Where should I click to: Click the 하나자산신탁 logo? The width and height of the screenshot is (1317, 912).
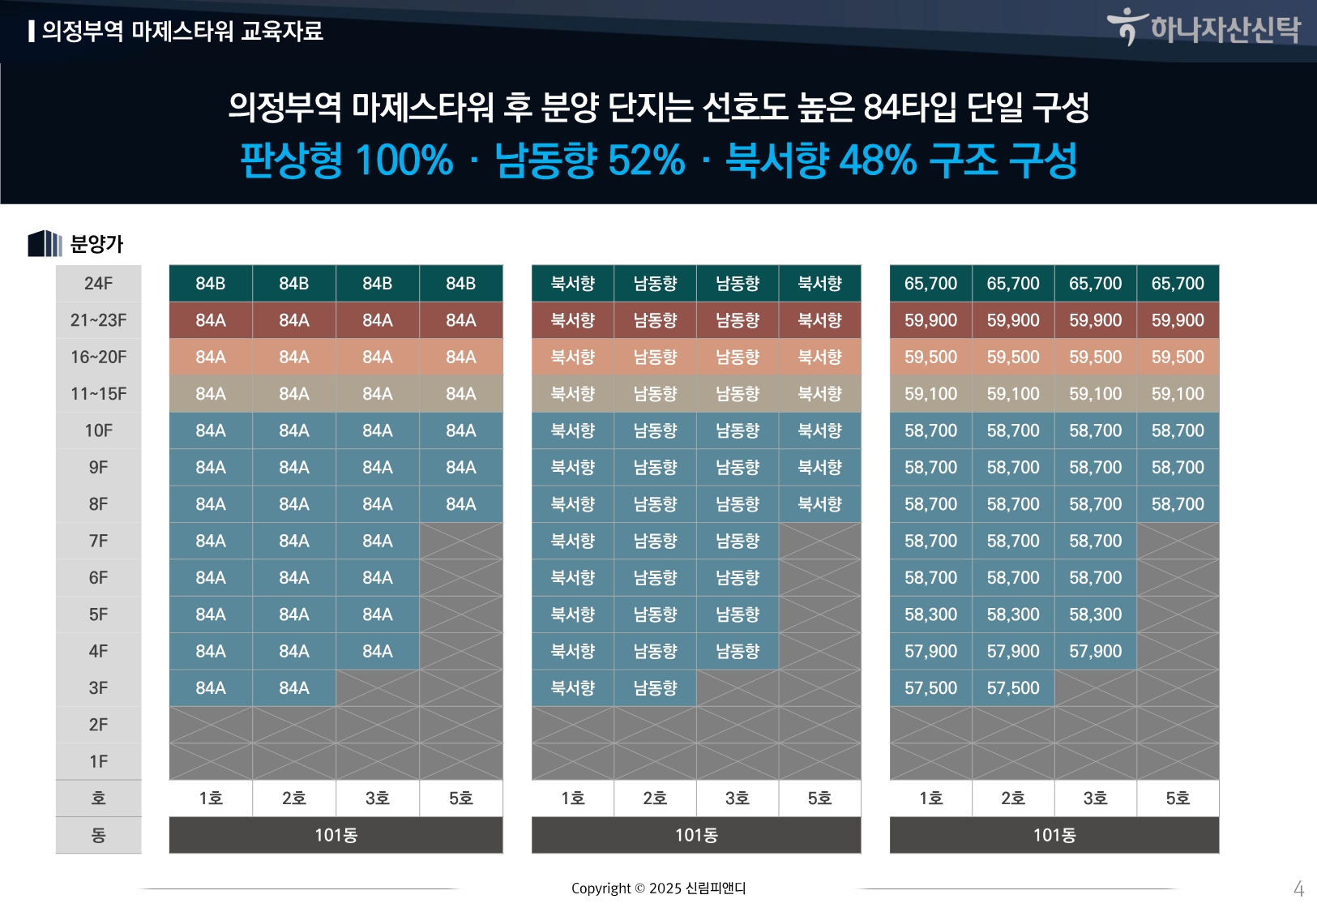(1205, 28)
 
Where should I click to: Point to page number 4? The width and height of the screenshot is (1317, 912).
(1298, 889)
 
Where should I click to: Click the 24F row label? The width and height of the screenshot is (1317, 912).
(98, 284)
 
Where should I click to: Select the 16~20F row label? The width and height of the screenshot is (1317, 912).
(98, 358)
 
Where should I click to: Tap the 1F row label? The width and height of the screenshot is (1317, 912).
(98, 762)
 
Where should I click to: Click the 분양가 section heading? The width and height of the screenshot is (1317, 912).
(96, 244)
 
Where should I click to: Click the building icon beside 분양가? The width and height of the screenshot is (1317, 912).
(45, 243)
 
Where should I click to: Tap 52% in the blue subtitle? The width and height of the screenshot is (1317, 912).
(646, 160)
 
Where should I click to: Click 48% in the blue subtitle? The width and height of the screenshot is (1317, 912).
(877, 160)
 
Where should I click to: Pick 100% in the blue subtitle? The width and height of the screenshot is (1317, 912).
(403, 160)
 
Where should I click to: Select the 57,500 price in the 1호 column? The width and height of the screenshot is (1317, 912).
(930, 688)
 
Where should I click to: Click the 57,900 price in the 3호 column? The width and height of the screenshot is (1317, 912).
(1095, 652)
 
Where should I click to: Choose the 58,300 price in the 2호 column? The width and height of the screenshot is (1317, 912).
(1013, 614)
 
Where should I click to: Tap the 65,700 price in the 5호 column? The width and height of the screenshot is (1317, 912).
(1178, 284)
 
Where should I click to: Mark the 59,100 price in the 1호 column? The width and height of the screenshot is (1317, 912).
(930, 394)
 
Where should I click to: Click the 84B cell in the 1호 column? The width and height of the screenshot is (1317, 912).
(211, 284)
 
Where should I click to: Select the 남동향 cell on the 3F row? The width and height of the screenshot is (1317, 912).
(655, 688)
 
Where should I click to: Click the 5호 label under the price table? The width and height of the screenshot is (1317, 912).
(1178, 799)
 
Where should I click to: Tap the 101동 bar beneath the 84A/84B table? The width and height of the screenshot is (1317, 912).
(336, 835)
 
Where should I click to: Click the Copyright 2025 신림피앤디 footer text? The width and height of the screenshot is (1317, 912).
(658, 888)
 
